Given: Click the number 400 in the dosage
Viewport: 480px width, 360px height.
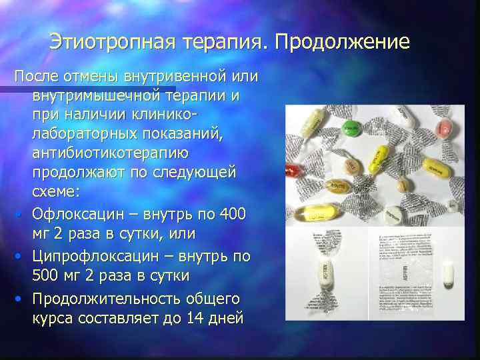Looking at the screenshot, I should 233,215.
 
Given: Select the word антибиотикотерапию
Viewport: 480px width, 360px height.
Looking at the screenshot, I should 110,153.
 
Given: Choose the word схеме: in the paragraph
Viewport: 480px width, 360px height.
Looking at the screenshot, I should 55,191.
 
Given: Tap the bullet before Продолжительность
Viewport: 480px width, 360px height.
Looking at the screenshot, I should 21,299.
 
